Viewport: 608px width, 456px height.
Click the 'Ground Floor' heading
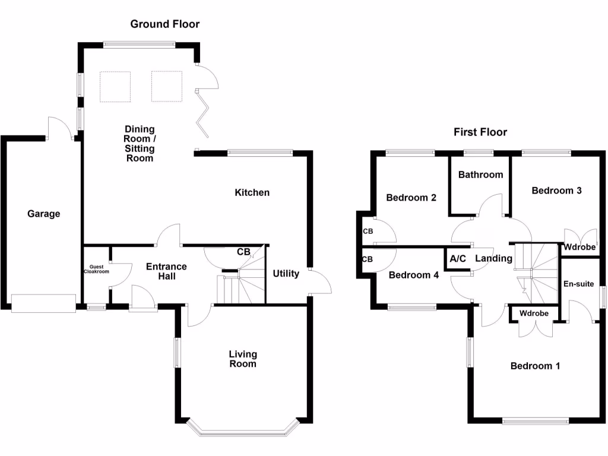(x=165, y=24)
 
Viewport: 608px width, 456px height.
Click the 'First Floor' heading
(x=480, y=132)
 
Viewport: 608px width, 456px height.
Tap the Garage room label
(x=44, y=214)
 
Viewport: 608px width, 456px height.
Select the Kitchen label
(x=252, y=192)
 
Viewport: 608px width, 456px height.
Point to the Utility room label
(x=286, y=274)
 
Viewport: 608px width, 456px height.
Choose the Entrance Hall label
(x=166, y=271)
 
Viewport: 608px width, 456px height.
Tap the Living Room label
(x=243, y=359)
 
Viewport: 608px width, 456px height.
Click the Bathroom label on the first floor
(x=480, y=175)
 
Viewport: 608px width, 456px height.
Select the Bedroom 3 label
(x=556, y=191)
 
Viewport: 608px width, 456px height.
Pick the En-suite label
(x=578, y=284)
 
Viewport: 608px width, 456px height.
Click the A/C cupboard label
(x=458, y=258)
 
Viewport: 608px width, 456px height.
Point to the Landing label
(x=493, y=258)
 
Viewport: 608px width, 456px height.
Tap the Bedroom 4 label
(x=413, y=275)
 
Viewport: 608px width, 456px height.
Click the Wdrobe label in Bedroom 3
(x=579, y=248)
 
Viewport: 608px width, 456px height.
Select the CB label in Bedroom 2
(x=368, y=231)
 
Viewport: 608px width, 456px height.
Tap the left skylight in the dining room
(x=115, y=87)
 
